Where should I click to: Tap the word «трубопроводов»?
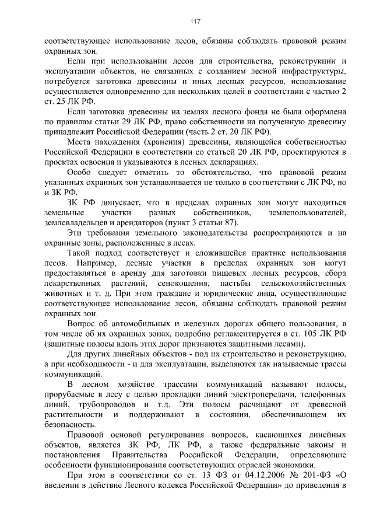coord(107,404)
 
